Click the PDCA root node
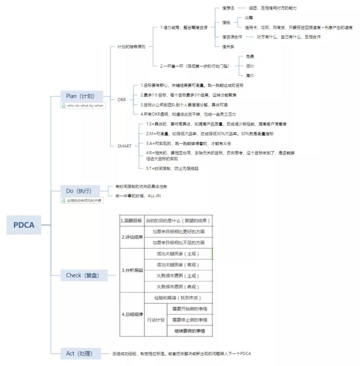[x=24, y=225]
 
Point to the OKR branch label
[x=122, y=99]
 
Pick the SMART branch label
[x=125, y=146]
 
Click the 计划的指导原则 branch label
[x=131, y=46]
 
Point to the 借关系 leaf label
[x=228, y=46]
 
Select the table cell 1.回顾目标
[x=131, y=220]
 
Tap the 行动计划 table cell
[x=155, y=320]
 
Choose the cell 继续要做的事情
[x=189, y=331]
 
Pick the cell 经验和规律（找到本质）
[x=178, y=298]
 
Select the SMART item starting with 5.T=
[x=169, y=168]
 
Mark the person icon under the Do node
[x=63, y=200]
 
